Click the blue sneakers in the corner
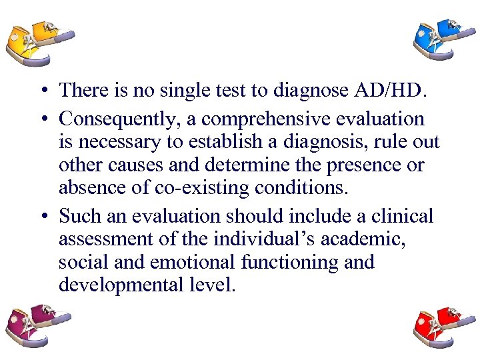point(441,40)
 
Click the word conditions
point(302,187)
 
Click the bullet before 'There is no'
point(42,91)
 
